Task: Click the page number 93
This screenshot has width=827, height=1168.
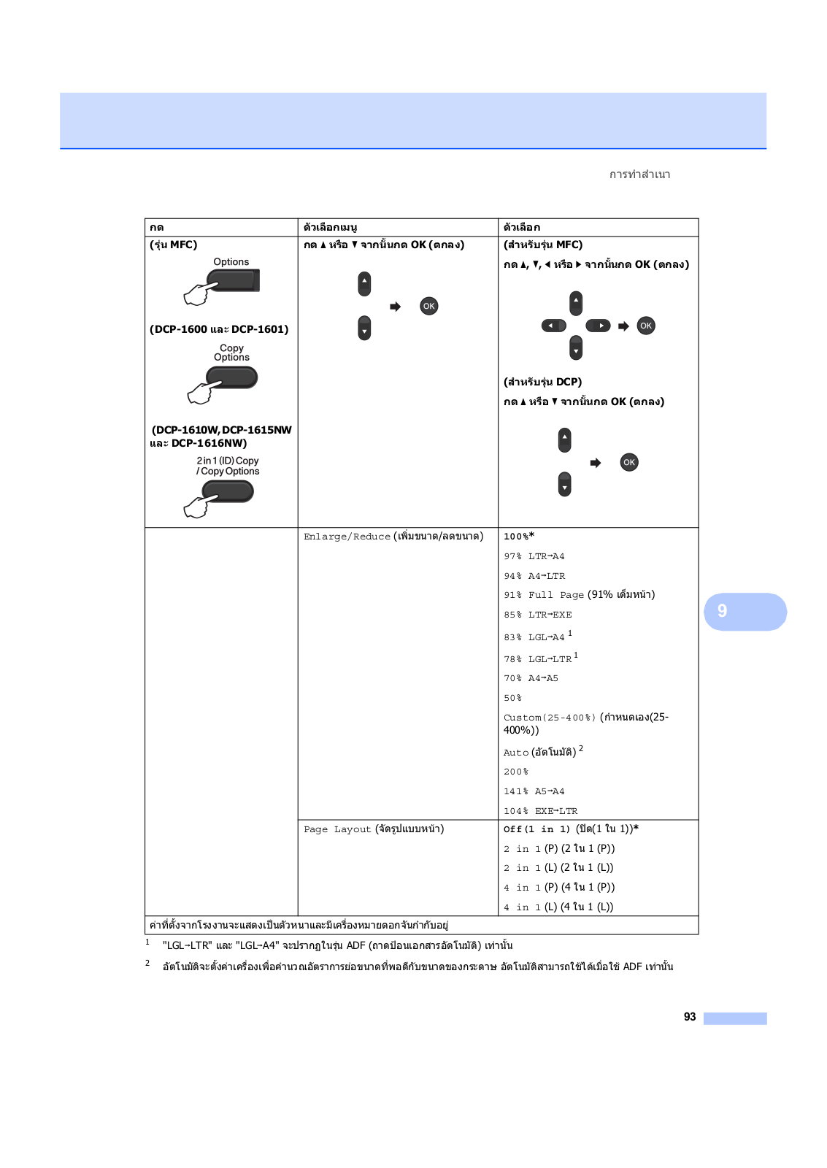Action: (x=689, y=1017)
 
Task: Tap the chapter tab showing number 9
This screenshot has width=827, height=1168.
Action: (x=745, y=611)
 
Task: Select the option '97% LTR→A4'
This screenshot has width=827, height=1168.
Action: (x=534, y=556)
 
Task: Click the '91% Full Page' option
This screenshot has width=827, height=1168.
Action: (x=579, y=595)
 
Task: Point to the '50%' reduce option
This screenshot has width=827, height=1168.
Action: (x=512, y=698)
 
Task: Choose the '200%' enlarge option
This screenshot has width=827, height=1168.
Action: (x=515, y=772)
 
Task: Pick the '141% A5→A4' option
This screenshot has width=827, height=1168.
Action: (x=534, y=791)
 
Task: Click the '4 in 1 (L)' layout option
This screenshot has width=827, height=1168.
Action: (x=558, y=907)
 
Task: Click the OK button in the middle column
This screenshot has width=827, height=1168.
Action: (x=429, y=306)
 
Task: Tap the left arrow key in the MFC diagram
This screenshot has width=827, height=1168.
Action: (x=553, y=326)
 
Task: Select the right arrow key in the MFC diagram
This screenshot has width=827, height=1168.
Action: (x=598, y=326)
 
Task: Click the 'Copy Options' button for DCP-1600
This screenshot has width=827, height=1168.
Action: (x=231, y=377)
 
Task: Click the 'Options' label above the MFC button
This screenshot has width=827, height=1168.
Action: (x=231, y=262)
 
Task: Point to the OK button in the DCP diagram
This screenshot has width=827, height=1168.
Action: (x=629, y=462)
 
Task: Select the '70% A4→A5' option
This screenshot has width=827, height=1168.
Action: (x=531, y=678)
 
